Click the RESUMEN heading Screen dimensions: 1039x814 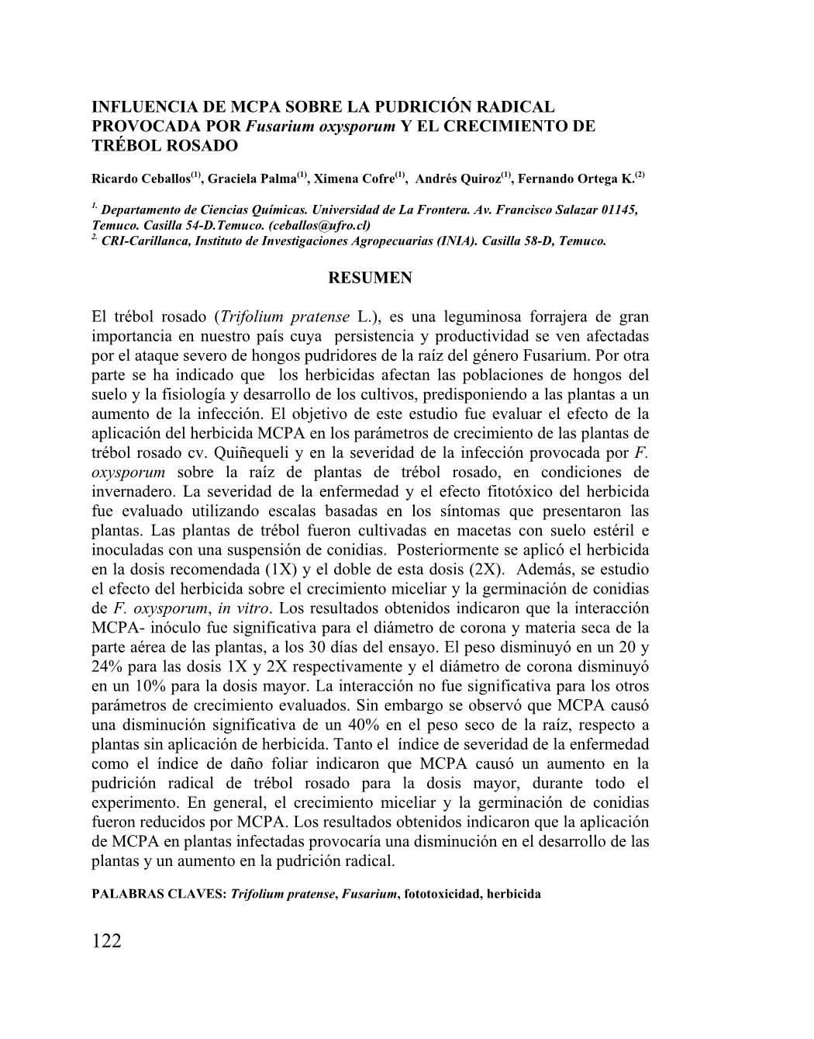tap(371, 278)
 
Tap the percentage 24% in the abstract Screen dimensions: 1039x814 tap(110, 667)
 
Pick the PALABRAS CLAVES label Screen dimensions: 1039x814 tap(159, 894)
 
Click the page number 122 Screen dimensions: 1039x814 tap(107, 941)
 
